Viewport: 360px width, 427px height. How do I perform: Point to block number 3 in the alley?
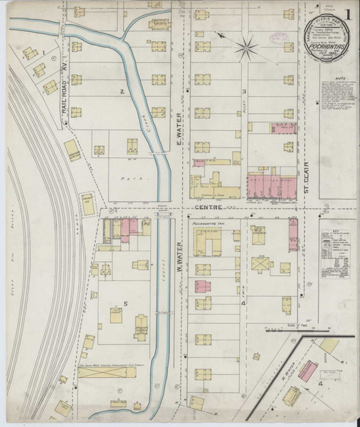click(x=244, y=91)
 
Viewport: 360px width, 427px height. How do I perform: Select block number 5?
click(x=125, y=305)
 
